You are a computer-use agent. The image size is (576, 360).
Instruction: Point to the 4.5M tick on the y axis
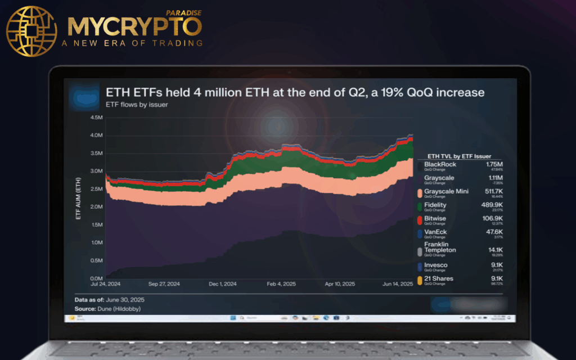(96, 118)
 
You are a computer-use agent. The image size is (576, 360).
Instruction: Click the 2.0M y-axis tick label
(96, 207)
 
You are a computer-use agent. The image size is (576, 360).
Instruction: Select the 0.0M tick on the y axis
(96, 278)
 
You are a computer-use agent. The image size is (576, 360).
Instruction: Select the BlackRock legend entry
(440, 164)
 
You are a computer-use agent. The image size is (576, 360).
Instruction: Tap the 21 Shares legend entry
(438, 278)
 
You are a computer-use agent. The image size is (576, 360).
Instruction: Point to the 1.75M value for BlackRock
(495, 164)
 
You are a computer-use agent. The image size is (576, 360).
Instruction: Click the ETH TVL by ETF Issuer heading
(459, 156)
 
